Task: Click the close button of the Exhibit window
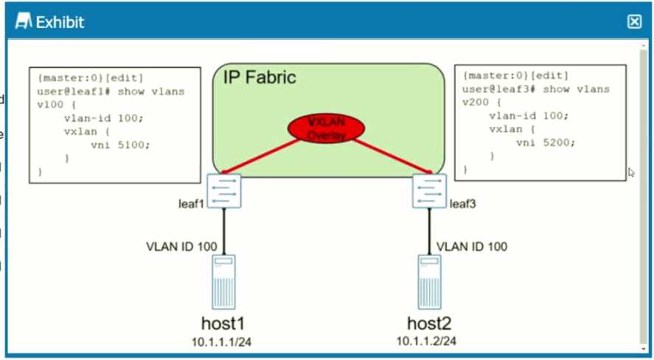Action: [634, 21]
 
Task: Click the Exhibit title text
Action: [60, 22]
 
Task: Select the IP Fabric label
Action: [260, 77]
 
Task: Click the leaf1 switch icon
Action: [223, 191]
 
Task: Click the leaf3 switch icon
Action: [430, 191]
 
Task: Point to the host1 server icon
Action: [223, 281]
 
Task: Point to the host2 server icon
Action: [430, 281]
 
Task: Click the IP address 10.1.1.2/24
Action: [427, 342]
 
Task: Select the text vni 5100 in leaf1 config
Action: [120, 145]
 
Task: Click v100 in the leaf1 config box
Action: [50, 104]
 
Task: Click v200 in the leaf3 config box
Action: [476, 102]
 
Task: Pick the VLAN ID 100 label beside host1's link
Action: [180, 246]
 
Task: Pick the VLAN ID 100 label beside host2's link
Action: [472, 246]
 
